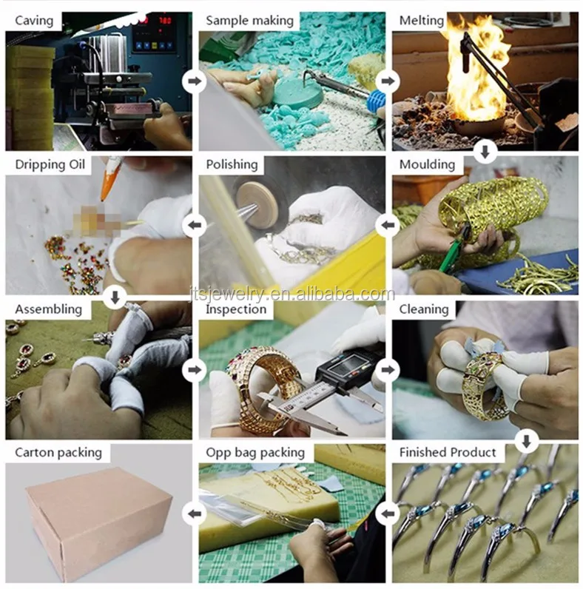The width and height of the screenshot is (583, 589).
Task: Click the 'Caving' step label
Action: [x=34, y=20]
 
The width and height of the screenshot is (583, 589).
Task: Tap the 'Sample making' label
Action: [x=249, y=20]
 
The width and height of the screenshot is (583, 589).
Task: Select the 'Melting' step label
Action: [x=422, y=20]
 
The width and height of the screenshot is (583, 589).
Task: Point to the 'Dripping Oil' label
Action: [x=50, y=164]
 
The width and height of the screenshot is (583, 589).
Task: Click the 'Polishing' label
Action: [x=232, y=164]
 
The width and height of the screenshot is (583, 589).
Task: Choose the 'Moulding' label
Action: [x=427, y=164]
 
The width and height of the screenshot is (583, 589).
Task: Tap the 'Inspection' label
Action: [x=236, y=309]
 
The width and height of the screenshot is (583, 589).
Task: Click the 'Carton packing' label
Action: [x=58, y=453]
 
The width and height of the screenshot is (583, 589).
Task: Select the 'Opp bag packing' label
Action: [x=255, y=453]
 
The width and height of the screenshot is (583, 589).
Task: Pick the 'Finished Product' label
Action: [x=448, y=452]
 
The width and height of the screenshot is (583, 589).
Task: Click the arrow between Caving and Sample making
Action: [x=194, y=81]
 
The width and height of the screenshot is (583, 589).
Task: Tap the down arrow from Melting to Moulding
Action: [x=485, y=152]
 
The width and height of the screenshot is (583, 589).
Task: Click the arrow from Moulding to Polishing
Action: [x=388, y=226]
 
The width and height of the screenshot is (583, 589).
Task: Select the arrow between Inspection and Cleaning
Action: [x=388, y=370]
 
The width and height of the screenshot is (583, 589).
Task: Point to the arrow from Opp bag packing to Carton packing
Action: [x=194, y=514]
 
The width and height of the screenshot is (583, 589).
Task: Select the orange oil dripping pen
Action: [x=111, y=179]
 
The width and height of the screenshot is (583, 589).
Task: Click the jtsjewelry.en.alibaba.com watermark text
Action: [x=291, y=294]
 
